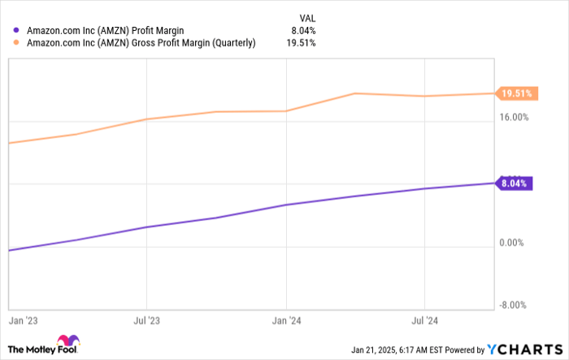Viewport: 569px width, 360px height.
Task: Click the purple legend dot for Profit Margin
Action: point(15,31)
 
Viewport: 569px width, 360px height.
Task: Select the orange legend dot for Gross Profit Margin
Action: point(15,44)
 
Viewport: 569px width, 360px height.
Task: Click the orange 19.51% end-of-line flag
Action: point(515,93)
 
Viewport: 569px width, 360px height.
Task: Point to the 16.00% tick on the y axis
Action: point(515,117)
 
